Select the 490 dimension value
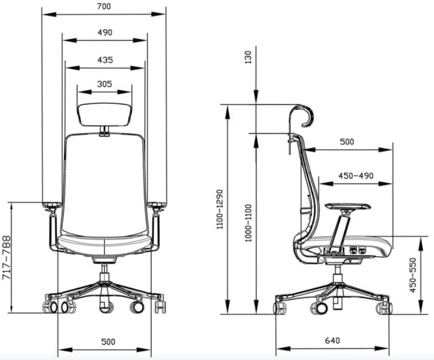click(104, 32)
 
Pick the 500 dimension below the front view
click(107, 341)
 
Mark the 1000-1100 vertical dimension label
click(248, 223)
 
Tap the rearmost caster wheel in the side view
click(281, 307)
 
